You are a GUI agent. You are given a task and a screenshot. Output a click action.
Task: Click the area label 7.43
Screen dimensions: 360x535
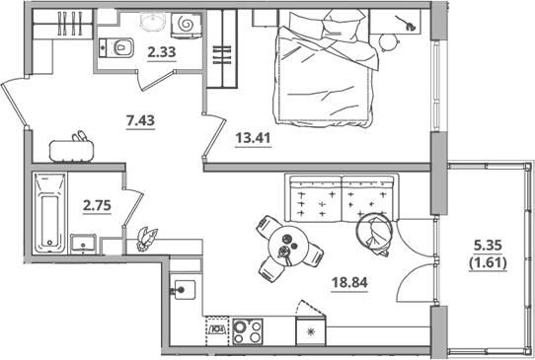coord(140,121)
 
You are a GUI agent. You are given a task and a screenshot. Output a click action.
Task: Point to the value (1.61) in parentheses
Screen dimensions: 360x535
coord(489,265)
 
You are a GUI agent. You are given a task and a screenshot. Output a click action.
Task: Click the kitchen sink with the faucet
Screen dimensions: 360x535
coord(184,290)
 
